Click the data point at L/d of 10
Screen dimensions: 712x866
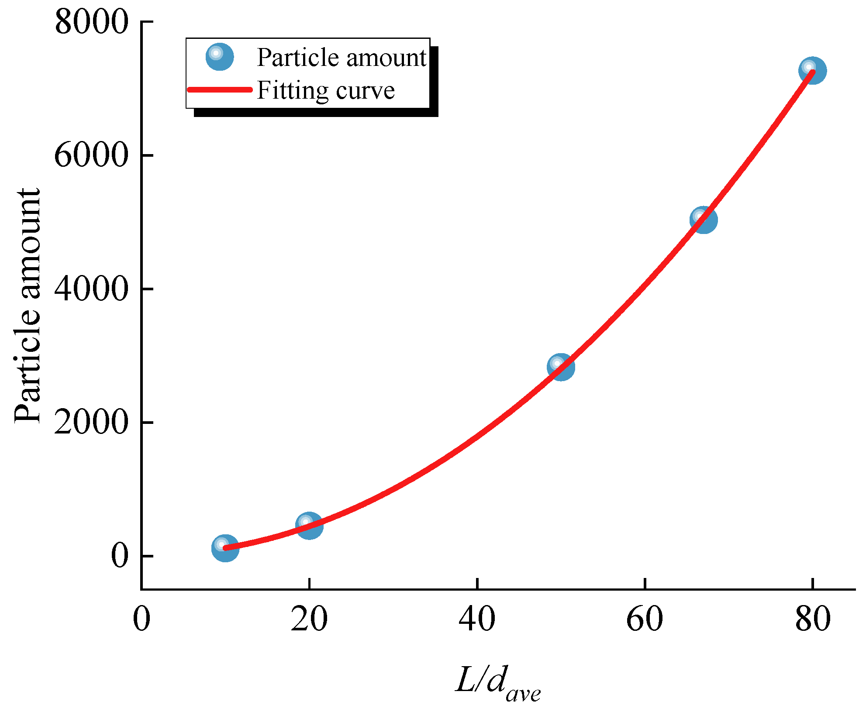pos(225,548)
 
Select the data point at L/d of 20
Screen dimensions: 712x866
pos(309,526)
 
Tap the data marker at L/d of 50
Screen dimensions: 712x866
pos(561,367)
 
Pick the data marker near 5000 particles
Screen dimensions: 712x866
pos(703,220)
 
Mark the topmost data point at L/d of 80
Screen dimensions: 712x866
pos(812,70)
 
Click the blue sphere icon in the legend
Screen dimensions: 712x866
pos(220,57)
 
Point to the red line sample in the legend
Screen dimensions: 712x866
pos(220,89)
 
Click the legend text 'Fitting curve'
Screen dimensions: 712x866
pos(326,90)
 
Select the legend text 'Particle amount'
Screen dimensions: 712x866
pos(341,57)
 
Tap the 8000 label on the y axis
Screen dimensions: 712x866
pos(92,22)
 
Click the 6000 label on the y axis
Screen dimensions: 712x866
pos(92,155)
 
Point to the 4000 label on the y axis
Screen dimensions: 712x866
pos(92,289)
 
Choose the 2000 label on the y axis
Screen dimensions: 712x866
pos(92,423)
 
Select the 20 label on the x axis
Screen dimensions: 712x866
pos(309,619)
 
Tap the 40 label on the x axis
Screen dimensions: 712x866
pos(477,619)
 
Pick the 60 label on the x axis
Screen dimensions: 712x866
pos(645,619)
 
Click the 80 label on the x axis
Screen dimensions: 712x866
pos(812,619)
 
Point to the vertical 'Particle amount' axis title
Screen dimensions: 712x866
pos(27,306)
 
